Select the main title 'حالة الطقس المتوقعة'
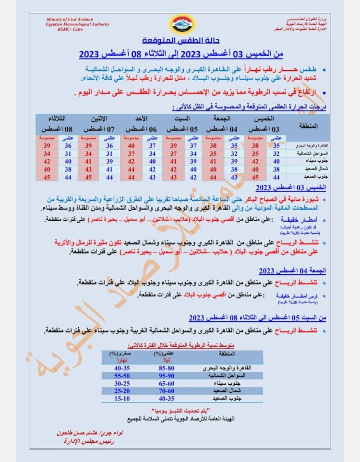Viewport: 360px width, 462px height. [180, 40]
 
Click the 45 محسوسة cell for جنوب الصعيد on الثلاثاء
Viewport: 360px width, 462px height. [47, 178]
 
